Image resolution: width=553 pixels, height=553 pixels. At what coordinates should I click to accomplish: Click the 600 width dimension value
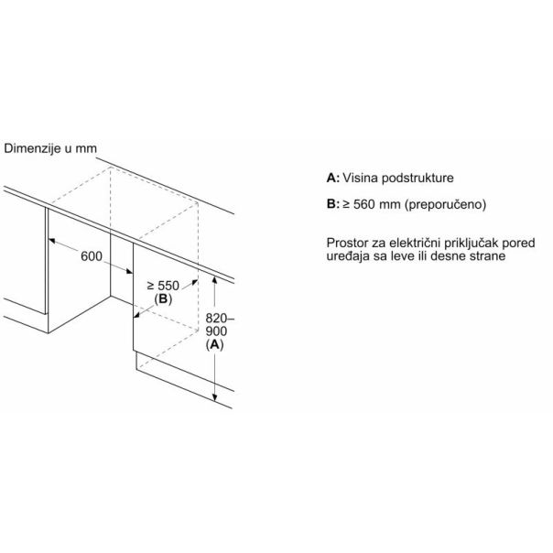click(92, 256)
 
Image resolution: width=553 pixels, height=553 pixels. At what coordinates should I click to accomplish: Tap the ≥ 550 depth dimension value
click(163, 286)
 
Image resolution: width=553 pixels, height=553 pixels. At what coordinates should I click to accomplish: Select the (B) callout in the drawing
click(163, 299)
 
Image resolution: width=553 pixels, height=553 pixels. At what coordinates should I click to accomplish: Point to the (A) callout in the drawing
click(214, 344)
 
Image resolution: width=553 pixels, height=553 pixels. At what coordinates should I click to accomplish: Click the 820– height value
click(220, 319)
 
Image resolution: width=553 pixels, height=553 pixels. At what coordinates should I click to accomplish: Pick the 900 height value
click(216, 331)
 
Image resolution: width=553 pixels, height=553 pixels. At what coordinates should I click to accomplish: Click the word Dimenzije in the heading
click(32, 148)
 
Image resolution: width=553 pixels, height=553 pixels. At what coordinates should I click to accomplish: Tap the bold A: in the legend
click(333, 178)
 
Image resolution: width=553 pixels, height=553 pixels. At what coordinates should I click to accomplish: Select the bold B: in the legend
click(333, 204)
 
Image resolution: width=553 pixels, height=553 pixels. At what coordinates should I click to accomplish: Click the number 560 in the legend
click(364, 204)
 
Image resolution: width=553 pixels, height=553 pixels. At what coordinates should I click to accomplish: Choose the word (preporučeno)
click(445, 204)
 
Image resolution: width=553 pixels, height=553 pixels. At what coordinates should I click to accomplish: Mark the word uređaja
click(348, 256)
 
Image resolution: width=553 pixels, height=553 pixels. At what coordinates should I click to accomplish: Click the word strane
click(487, 256)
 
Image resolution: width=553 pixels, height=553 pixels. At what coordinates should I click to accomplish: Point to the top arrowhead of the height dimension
click(214, 279)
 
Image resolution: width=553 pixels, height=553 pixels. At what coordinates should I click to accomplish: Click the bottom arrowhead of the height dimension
click(214, 397)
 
